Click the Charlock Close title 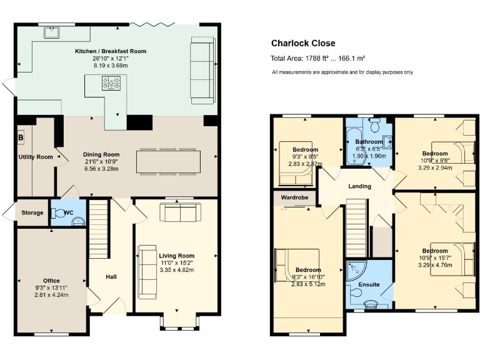[303, 43]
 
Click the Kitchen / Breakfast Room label [110, 51]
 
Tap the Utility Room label [36, 157]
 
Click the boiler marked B [21, 137]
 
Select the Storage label [32, 212]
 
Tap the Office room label [51, 280]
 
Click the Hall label [111, 276]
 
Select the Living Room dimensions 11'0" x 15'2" [177, 263]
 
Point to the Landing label [359, 186]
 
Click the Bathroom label [369, 142]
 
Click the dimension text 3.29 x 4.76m [434, 264]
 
